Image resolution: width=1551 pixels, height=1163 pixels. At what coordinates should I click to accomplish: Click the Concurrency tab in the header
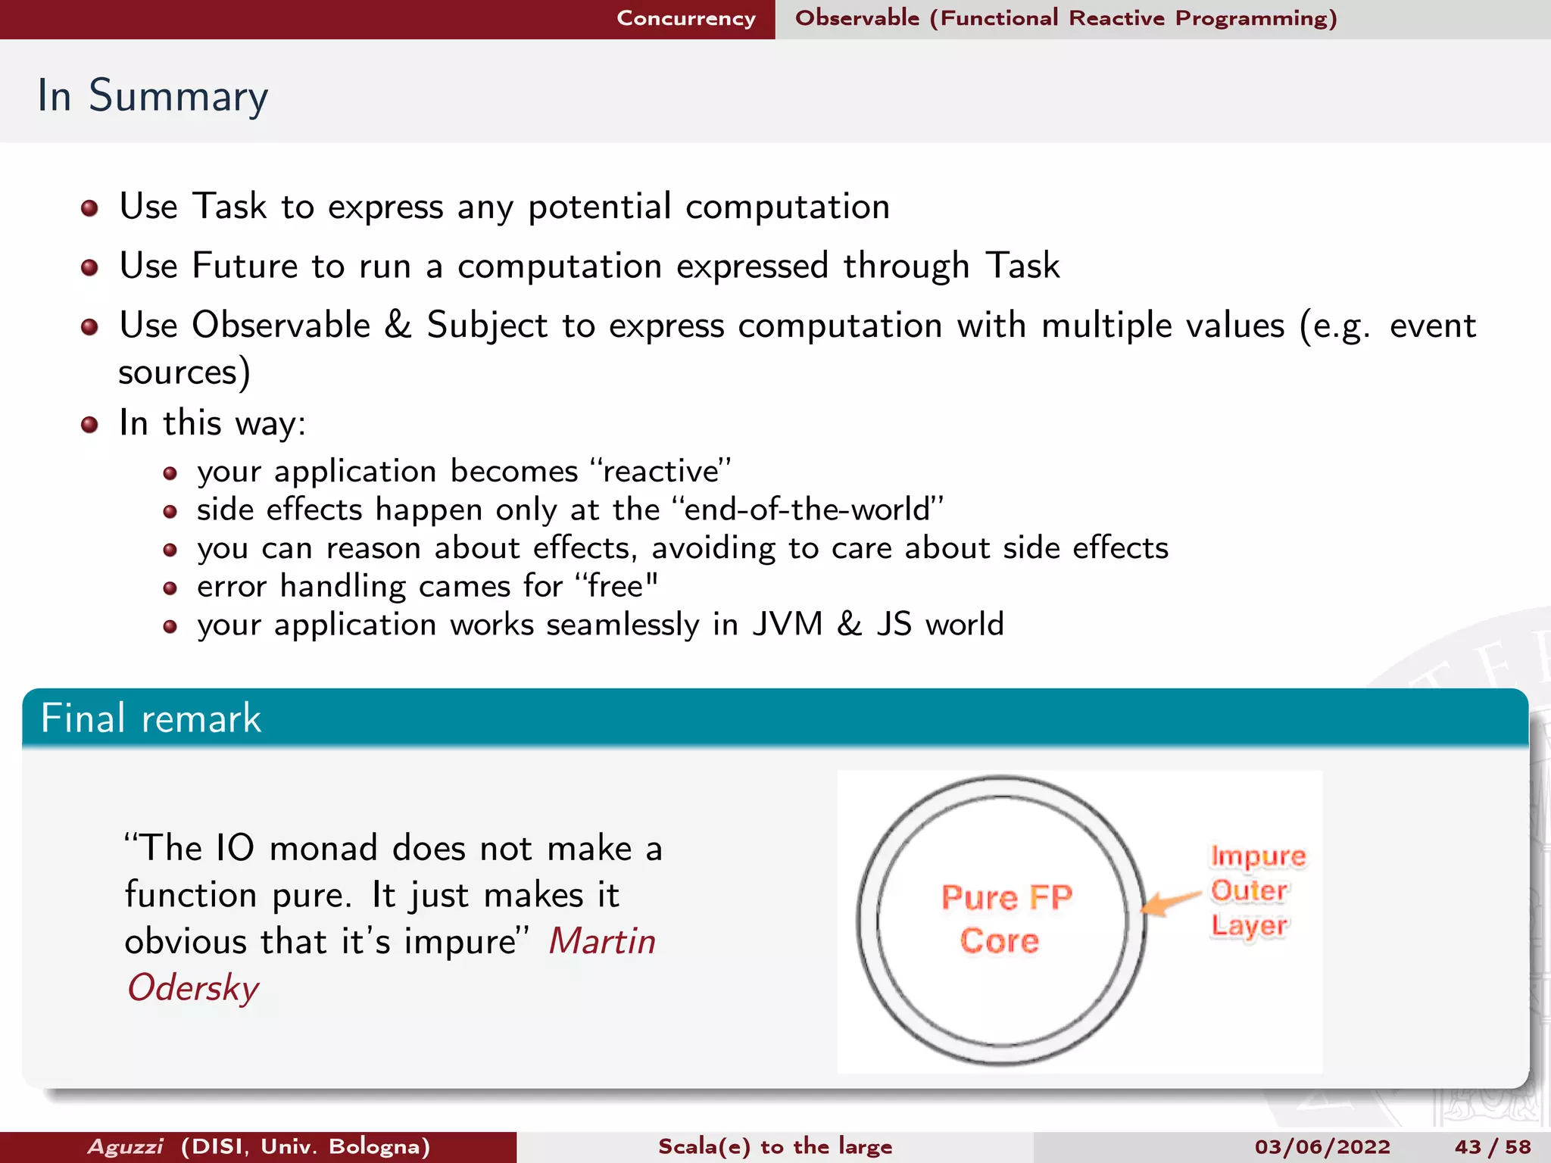click(x=685, y=18)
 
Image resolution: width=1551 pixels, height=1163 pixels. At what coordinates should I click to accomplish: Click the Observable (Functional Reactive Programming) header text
click(x=1066, y=18)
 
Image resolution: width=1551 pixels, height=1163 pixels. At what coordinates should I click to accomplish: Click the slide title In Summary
click(x=152, y=95)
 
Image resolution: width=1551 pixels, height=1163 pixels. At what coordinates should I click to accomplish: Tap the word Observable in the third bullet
click(x=281, y=326)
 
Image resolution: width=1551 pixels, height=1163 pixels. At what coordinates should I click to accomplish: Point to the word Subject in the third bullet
click(x=487, y=326)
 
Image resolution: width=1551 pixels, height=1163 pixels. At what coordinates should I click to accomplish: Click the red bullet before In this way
click(x=89, y=424)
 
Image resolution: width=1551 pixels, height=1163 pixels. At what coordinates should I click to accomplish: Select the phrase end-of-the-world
click(x=807, y=510)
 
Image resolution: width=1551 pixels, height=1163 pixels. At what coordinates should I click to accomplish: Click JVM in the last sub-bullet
click(x=787, y=625)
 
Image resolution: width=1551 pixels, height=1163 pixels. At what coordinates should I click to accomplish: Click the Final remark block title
click(x=151, y=718)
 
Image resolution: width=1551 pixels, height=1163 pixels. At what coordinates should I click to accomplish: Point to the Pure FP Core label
click(x=1004, y=918)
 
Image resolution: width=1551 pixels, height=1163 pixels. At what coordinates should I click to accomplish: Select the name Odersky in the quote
click(x=193, y=988)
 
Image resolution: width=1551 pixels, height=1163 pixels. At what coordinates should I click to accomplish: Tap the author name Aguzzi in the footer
click(x=125, y=1146)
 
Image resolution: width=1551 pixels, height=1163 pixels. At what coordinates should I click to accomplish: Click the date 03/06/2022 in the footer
click(x=1322, y=1146)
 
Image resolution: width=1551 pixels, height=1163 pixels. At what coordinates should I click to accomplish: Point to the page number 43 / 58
click(x=1492, y=1146)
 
